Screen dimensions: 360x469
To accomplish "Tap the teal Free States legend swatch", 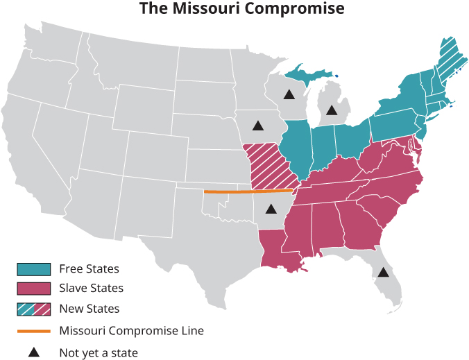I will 34,268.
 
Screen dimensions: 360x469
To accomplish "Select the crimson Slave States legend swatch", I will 34,288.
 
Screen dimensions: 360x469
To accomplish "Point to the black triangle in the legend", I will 34,352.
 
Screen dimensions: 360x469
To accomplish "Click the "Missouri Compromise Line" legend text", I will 131,331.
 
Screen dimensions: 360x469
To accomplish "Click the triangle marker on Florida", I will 382,273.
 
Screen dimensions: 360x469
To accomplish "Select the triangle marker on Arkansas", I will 271,208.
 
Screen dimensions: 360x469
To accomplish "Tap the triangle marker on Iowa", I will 258,126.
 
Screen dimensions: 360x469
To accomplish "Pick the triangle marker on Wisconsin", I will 289,94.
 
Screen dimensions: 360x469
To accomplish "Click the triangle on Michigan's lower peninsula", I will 332,110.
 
